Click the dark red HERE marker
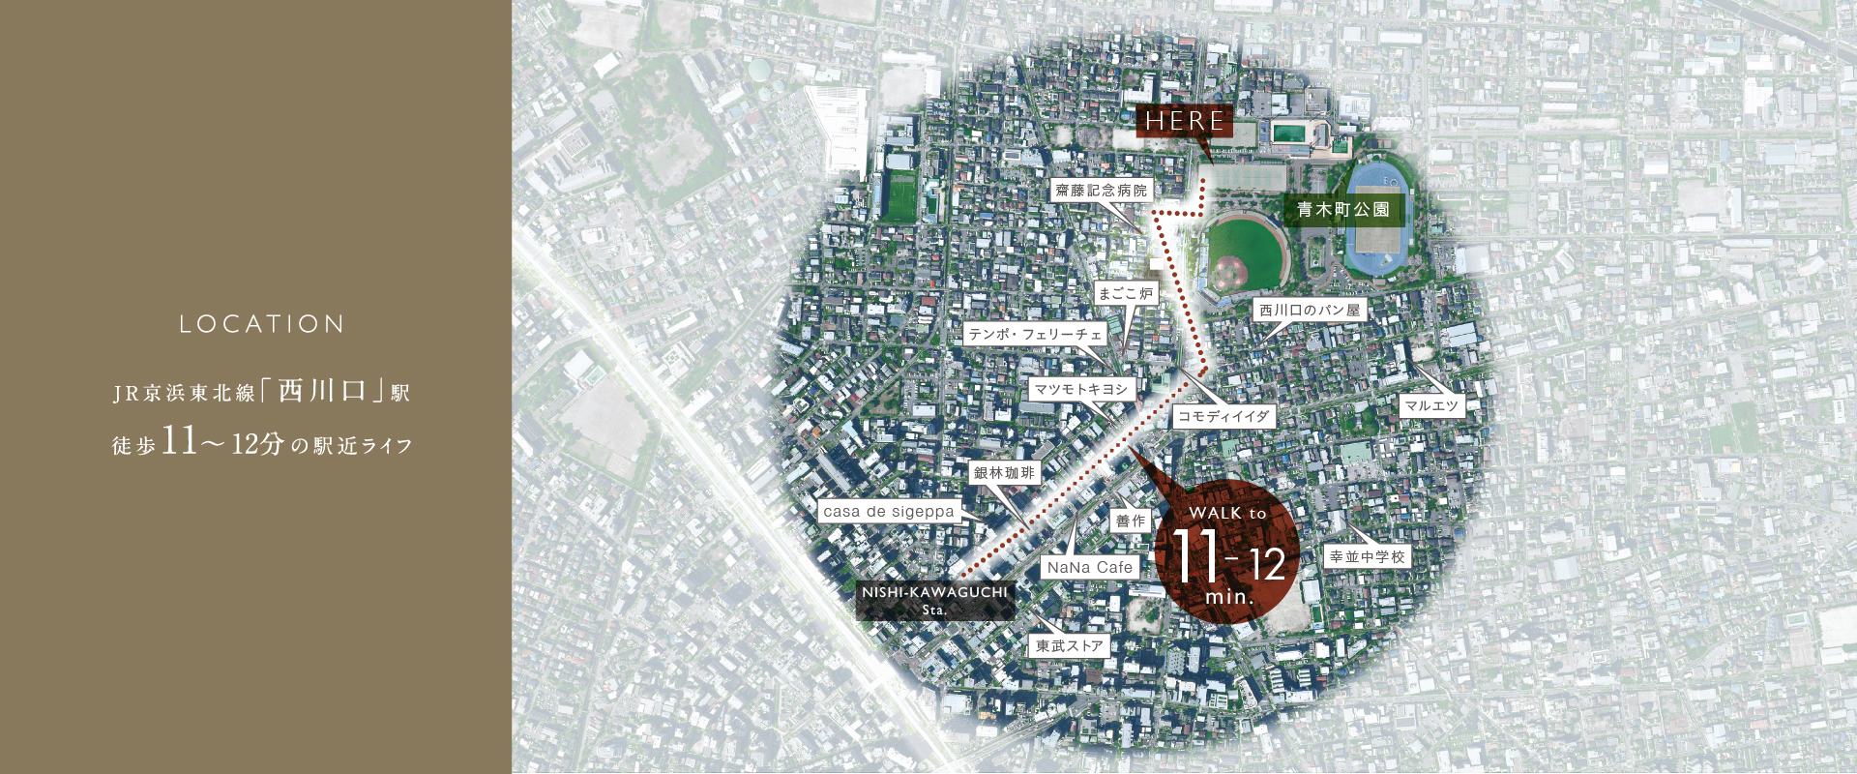point(1184,121)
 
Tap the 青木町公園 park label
point(1342,210)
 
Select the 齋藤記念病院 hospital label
point(1101,191)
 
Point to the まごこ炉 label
point(1126,293)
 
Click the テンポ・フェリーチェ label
point(1035,334)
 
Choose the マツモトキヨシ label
point(1081,389)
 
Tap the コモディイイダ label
point(1223,416)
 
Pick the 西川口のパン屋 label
point(1310,311)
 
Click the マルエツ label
point(1431,406)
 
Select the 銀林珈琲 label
point(1004,473)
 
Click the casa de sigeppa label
point(889,511)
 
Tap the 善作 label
point(1130,521)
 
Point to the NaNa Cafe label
point(1090,568)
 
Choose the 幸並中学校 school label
point(1368,556)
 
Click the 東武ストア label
point(1069,645)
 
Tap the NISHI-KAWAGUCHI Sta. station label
point(934,600)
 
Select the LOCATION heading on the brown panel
point(261,324)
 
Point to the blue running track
point(1378,223)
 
